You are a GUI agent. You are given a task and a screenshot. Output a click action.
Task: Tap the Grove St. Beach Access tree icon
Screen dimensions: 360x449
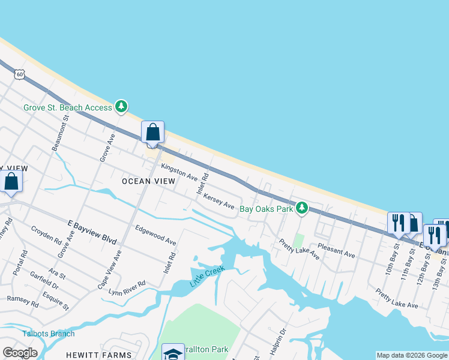[122, 107]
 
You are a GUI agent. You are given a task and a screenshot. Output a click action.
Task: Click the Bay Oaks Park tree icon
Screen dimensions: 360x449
[302, 208]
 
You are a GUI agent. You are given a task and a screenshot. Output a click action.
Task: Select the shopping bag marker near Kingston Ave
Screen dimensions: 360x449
[152, 133]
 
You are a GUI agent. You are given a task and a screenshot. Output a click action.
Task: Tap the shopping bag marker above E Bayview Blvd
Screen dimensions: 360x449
[11, 181]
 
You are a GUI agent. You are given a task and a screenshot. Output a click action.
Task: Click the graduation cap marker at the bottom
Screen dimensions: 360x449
[173, 353]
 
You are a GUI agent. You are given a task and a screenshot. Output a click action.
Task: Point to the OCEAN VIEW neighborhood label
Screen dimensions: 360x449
[148, 181]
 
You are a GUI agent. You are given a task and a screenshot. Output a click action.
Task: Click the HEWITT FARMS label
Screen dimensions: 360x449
[107, 355]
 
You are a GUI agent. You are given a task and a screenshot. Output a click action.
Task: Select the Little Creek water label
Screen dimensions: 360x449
[207, 275]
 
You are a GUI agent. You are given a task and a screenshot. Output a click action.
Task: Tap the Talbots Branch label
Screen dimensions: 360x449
[49, 334]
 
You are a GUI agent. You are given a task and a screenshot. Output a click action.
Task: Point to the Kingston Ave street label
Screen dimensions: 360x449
[179, 174]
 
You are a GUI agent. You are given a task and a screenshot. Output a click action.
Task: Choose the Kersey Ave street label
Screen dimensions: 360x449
[218, 201]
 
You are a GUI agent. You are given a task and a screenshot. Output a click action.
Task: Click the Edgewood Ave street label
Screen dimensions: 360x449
[155, 235]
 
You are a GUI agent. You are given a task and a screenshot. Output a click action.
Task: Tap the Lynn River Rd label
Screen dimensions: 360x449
[127, 287]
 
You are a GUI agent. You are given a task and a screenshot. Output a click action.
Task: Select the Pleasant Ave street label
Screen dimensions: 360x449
[337, 250]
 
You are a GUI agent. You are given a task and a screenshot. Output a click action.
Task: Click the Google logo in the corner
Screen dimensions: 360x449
[20, 352]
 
